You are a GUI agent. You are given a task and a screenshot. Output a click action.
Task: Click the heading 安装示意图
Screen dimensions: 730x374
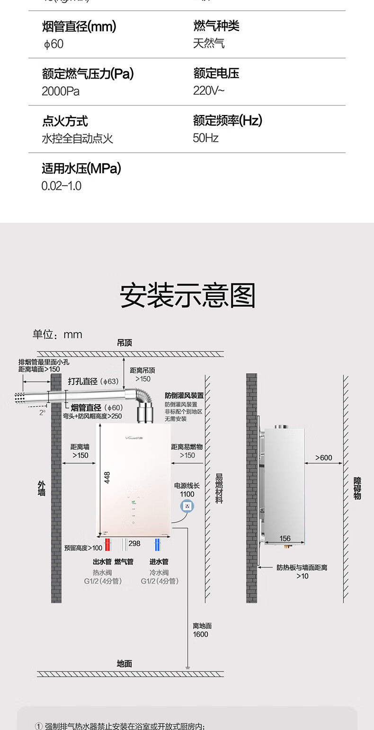187,296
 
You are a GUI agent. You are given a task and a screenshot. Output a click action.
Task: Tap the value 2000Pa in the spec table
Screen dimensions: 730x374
61,91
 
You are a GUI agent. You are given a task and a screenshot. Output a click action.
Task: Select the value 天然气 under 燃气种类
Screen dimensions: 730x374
208,44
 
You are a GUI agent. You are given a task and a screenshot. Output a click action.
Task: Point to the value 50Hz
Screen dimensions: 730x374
205,138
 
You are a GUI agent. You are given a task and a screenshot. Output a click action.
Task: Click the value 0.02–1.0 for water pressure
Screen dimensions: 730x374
62,186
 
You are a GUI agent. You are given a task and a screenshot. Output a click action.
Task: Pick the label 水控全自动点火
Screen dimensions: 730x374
78,139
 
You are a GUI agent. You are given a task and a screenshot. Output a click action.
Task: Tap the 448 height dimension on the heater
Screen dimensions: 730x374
107,478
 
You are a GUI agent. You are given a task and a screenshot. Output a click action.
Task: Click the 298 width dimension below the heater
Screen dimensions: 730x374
134,543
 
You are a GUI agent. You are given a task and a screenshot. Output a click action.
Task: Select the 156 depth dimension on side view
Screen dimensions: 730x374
285,538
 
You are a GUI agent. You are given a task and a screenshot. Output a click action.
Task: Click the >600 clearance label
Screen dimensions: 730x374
324,458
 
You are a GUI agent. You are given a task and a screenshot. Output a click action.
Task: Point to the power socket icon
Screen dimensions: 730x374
187,507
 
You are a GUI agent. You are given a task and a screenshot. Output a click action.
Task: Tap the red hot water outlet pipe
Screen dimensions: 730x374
107,545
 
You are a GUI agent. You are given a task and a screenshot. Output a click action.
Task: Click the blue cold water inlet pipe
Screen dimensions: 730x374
157,545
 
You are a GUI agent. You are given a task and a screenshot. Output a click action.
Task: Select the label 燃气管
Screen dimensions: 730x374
124,562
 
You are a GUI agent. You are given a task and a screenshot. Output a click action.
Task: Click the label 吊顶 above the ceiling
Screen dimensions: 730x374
125,343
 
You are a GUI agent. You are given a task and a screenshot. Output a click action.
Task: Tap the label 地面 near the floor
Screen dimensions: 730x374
125,664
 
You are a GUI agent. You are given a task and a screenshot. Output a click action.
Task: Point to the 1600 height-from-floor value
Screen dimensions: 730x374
200,634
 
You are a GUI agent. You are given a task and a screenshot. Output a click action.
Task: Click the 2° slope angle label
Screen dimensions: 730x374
43,412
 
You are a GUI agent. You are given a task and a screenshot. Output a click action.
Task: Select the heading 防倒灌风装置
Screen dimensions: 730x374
184,395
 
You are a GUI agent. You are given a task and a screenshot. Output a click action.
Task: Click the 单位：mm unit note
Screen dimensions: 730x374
57,335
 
